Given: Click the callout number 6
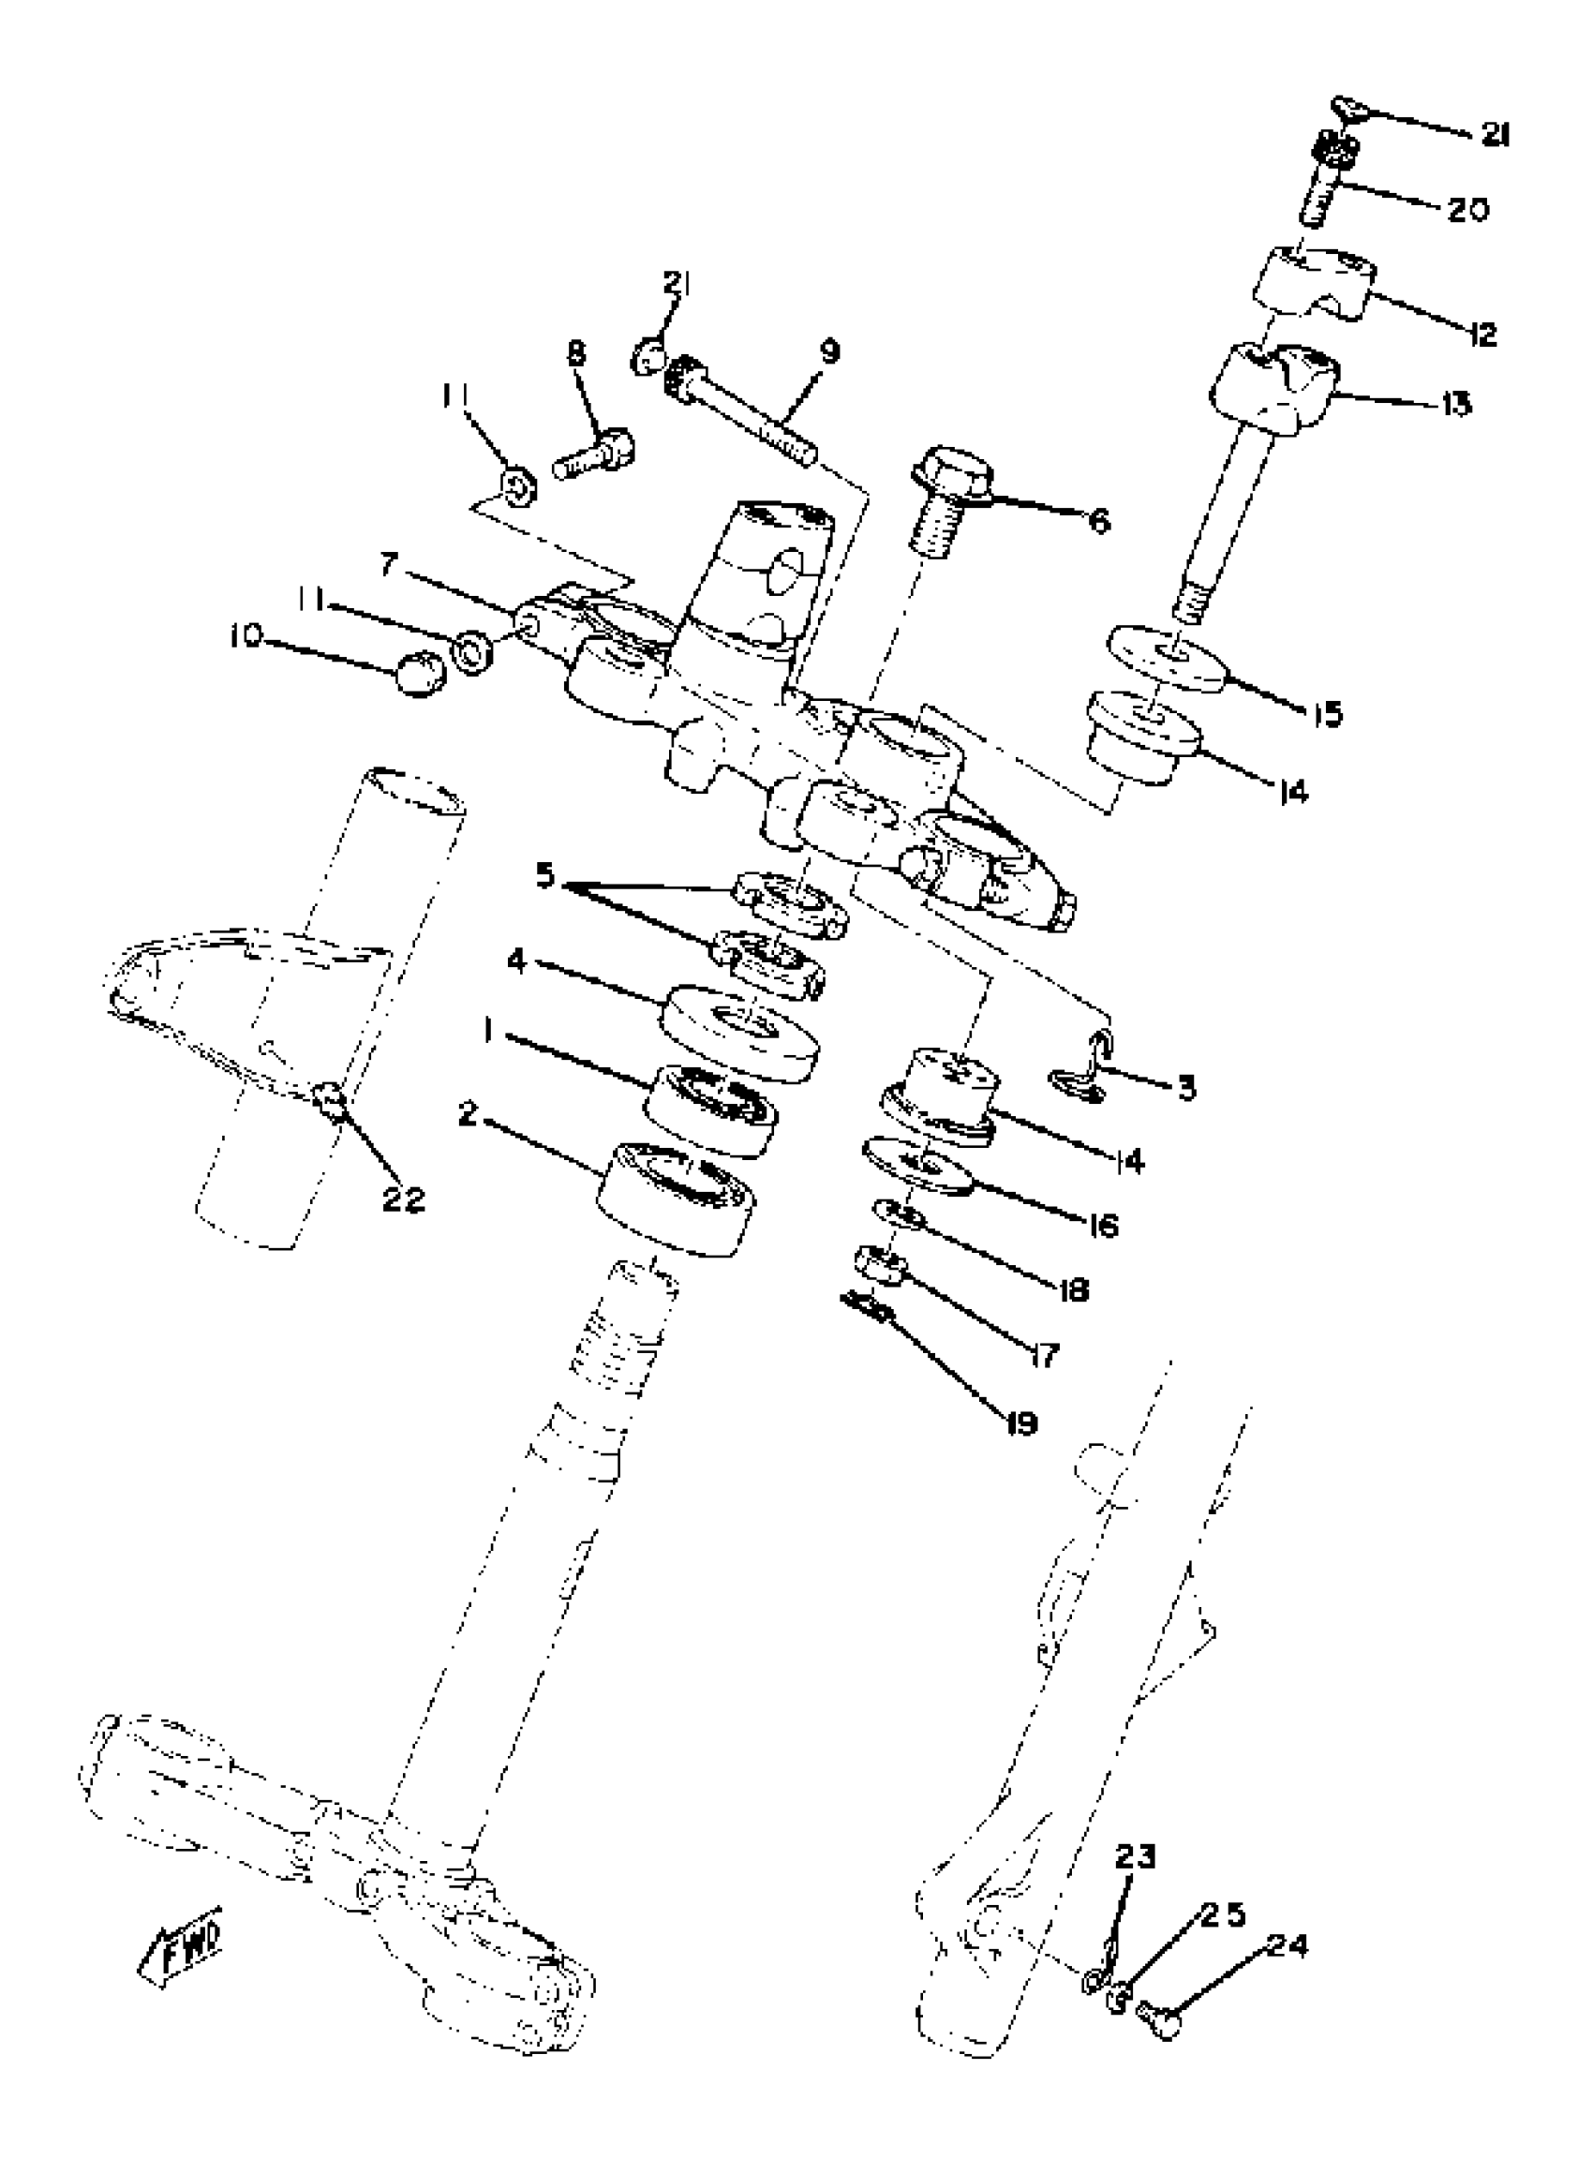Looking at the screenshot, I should (x=1098, y=521).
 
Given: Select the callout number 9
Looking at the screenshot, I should (x=830, y=351).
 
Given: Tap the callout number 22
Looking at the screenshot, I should (x=403, y=1199).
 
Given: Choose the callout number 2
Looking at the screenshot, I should (x=469, y=1116).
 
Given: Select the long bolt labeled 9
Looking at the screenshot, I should (x=742, y=418).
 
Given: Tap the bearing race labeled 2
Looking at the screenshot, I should (x=676, y=1199).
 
